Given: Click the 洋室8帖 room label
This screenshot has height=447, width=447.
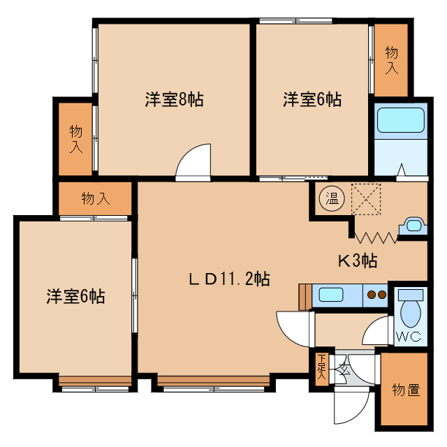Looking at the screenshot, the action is pyautogui.click(x=174, y=99).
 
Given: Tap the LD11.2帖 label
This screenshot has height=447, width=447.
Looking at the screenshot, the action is pyautogui.click(x=230, y=279).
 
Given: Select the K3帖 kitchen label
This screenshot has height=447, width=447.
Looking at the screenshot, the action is pyautogui.click(x=358, y=261).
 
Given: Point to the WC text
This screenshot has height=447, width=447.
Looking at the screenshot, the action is pyautogui.click(x=408, y=337).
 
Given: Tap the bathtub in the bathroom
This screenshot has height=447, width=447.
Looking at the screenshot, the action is pyautogui.click(x=401, y=120).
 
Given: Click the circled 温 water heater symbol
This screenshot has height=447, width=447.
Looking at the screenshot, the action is pyautogui.click(x=332, y=198).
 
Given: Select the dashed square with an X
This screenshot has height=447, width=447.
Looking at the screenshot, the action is pyautogui.click(x=366, y=199).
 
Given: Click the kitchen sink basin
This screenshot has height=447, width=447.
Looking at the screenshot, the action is pyautogui.click(x=330, y=295).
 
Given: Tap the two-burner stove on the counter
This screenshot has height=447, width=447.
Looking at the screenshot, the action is pyautogui.click(x=376, y=295).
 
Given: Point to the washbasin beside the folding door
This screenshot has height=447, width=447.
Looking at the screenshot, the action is pyautogui.click(x=413, y=226).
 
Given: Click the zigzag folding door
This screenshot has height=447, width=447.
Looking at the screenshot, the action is pyautogui.click(x=376, y=237).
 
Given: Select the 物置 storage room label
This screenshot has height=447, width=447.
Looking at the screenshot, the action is pyautogui.click(x=406, y=390).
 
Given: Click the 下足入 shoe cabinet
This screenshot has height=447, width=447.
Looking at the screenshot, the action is pyautogui.click(x=322, y=369).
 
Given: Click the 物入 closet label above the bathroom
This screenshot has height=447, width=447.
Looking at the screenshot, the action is pyautogui.click(x=391, y=61).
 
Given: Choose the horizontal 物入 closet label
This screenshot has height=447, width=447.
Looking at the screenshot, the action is pyautogui.click(x=96, y=198).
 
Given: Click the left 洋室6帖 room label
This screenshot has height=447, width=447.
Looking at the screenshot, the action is pyautogui.click(x=75, y=296).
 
